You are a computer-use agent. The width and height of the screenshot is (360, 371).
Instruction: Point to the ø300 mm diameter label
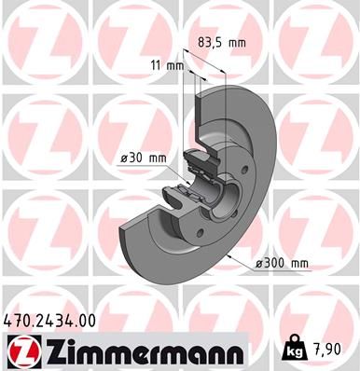(x=282, y=263)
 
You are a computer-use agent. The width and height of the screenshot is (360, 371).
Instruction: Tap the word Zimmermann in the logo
(x=140, y=351)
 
